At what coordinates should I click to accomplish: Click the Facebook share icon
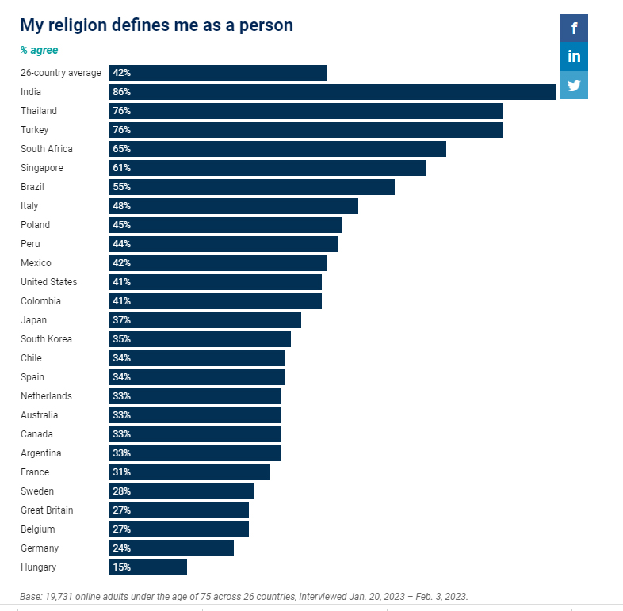(x=574, y=29)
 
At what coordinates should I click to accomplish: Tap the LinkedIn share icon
(x=574, y=56)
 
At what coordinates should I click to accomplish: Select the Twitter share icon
(x=574, y=85)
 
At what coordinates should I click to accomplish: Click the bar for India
(x=332, y=92)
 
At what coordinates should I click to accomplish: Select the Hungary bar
(x=148, y=567)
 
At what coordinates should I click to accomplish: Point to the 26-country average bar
(x=218, y=73)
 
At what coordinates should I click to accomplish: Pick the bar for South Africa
(x=277, y=149)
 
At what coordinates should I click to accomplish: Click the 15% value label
(x=121, y=567)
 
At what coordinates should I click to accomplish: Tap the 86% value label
(x=121, y=92)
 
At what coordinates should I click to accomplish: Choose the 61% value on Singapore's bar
(x=121, y=168)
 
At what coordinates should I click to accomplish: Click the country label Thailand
(x=39, y=111)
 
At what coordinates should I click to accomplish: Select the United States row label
(x=49, y=282)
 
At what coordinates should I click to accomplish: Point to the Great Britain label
(x=47, y=510)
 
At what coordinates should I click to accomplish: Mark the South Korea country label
(x=46, y=339)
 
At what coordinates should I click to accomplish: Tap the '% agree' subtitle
(x=39, y=50)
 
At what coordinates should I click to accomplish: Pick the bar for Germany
(x=171, y=548)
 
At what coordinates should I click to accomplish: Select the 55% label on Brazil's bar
(x=121, y=187)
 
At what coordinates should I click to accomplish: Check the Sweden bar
(x=182, y=491)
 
